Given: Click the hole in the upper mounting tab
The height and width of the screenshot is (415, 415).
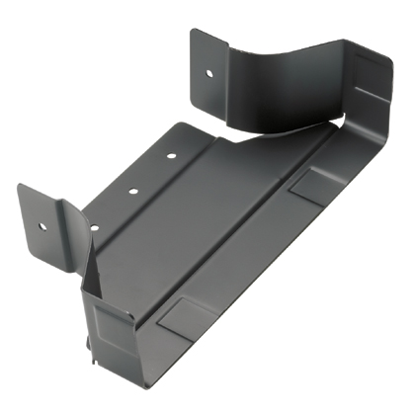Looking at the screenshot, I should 209,72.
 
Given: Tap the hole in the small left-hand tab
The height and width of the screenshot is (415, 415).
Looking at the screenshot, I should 42,225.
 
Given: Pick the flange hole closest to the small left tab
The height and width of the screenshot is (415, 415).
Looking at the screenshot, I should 95,227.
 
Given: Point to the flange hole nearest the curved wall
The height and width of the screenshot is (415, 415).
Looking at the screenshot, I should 171,155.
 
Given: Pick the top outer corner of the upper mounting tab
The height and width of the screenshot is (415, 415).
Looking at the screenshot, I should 194,31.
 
